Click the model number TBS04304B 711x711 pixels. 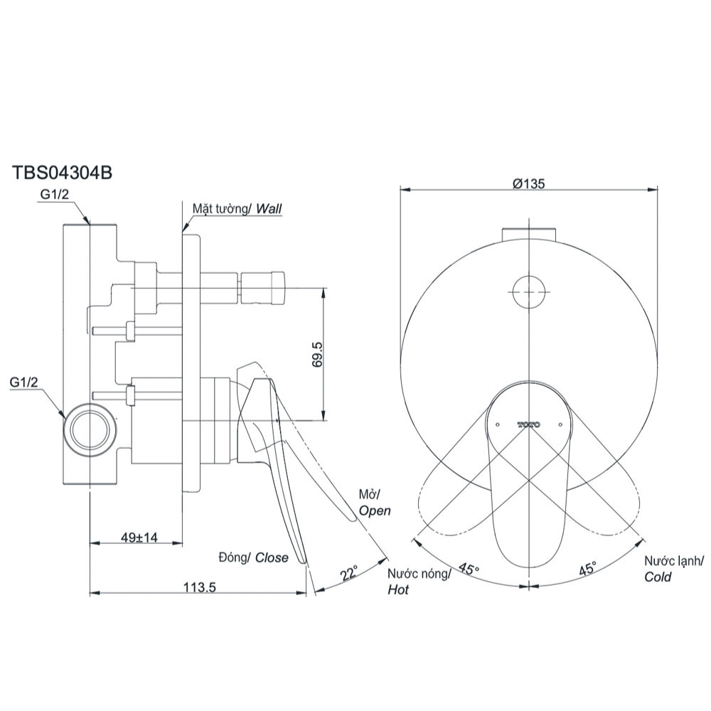[x=62, y=173]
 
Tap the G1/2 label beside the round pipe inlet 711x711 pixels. [x=26, y=383]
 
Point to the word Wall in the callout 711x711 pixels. [x=269, y=209]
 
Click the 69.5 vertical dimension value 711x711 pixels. [x=317, y=353]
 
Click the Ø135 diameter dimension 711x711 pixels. [x=530, y=183]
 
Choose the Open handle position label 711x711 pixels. [x=375, y=510]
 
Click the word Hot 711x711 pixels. [x=398, y=590]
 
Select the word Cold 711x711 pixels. [x=658, y=577]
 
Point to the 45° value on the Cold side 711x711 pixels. [x=587, y=570]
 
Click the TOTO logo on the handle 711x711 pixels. [x=529, y=424]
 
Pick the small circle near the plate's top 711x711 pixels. [x=530, y=292]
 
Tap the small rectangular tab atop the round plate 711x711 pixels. [x=529, y=235]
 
